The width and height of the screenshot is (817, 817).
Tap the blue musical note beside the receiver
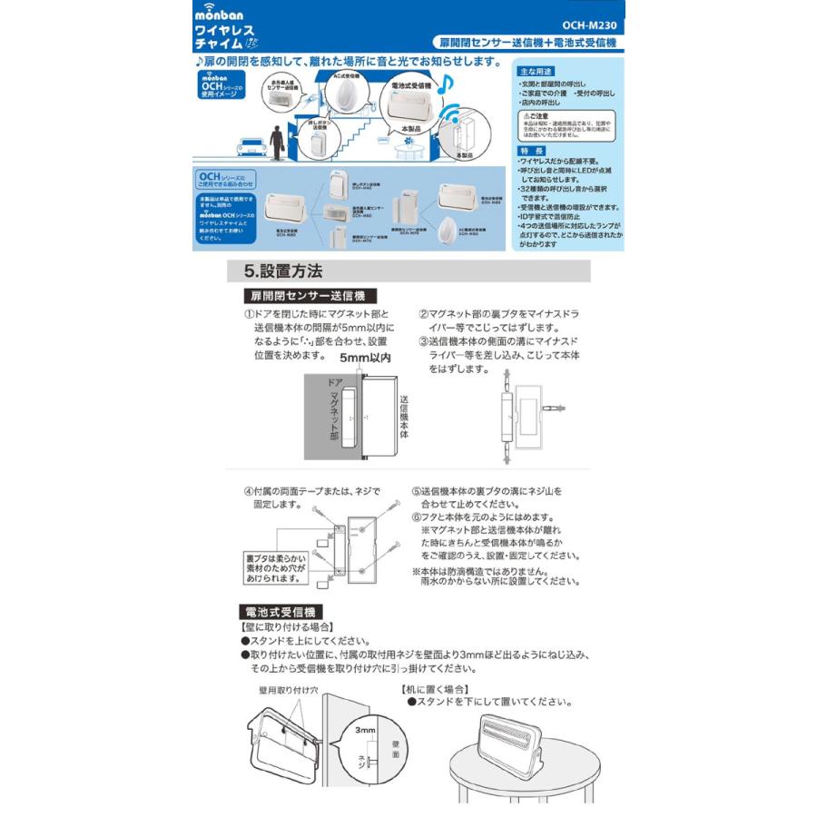444,86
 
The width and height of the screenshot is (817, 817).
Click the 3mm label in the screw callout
365,729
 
